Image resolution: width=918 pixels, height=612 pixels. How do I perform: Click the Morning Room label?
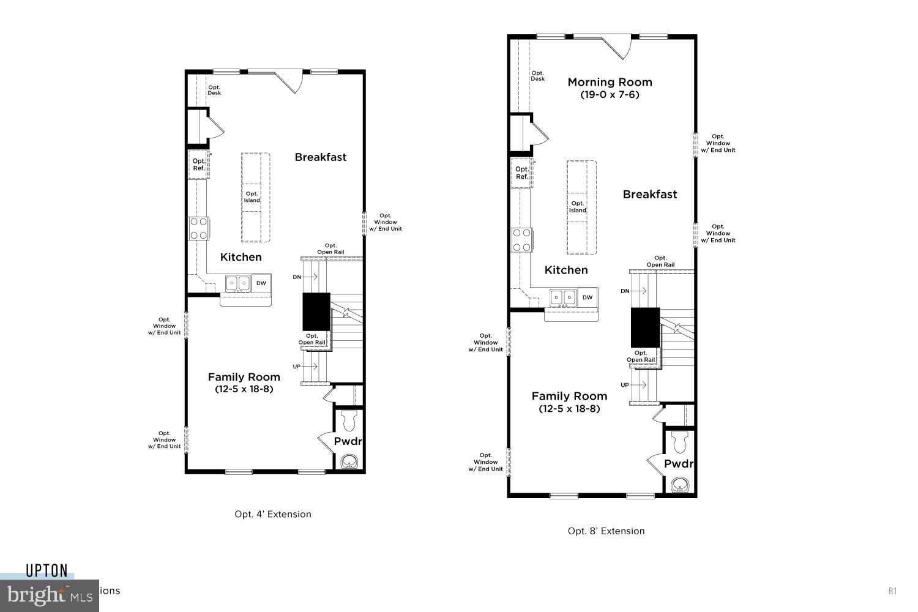coord(610,82)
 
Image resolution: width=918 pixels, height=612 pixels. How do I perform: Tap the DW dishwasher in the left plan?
coord(261,283)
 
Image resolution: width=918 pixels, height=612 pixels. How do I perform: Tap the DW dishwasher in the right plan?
coord(588,297)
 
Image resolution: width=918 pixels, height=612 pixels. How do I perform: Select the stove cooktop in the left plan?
coord(198,228)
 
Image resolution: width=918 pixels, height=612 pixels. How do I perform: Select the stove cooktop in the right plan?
coord(521,239)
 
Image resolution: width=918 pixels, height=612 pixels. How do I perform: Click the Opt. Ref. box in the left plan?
coord(199,165)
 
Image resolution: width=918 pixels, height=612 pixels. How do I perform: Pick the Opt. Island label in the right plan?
coord(577,207)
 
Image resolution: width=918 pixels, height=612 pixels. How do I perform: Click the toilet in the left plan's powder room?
coord(350,420)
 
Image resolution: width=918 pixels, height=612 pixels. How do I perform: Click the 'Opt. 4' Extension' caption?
coord(273,514)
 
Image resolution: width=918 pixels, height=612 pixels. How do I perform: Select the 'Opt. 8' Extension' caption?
coord(606,531)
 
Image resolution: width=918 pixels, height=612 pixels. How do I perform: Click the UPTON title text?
coord(47,570)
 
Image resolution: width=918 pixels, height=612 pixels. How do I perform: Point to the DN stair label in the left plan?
coord(297,277)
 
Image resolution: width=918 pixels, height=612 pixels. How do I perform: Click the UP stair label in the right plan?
coord(625,385)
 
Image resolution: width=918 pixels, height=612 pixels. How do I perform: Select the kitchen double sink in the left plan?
coord(238,283)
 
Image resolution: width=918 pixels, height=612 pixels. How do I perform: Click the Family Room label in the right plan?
coord(569,396)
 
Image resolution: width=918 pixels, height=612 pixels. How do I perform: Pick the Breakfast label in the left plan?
coord(321,157)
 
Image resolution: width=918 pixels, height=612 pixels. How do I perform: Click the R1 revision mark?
coord(892,591)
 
